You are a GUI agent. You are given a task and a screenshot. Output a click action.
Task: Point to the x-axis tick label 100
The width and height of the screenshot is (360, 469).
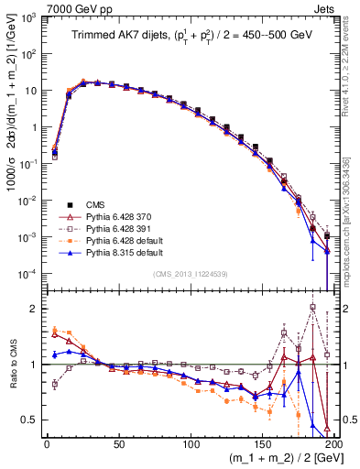pos(191,445)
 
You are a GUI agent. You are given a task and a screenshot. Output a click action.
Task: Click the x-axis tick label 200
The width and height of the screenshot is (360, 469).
pos(334,445)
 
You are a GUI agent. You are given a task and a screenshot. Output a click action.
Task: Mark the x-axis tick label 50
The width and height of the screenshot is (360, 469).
pos(119,445)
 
